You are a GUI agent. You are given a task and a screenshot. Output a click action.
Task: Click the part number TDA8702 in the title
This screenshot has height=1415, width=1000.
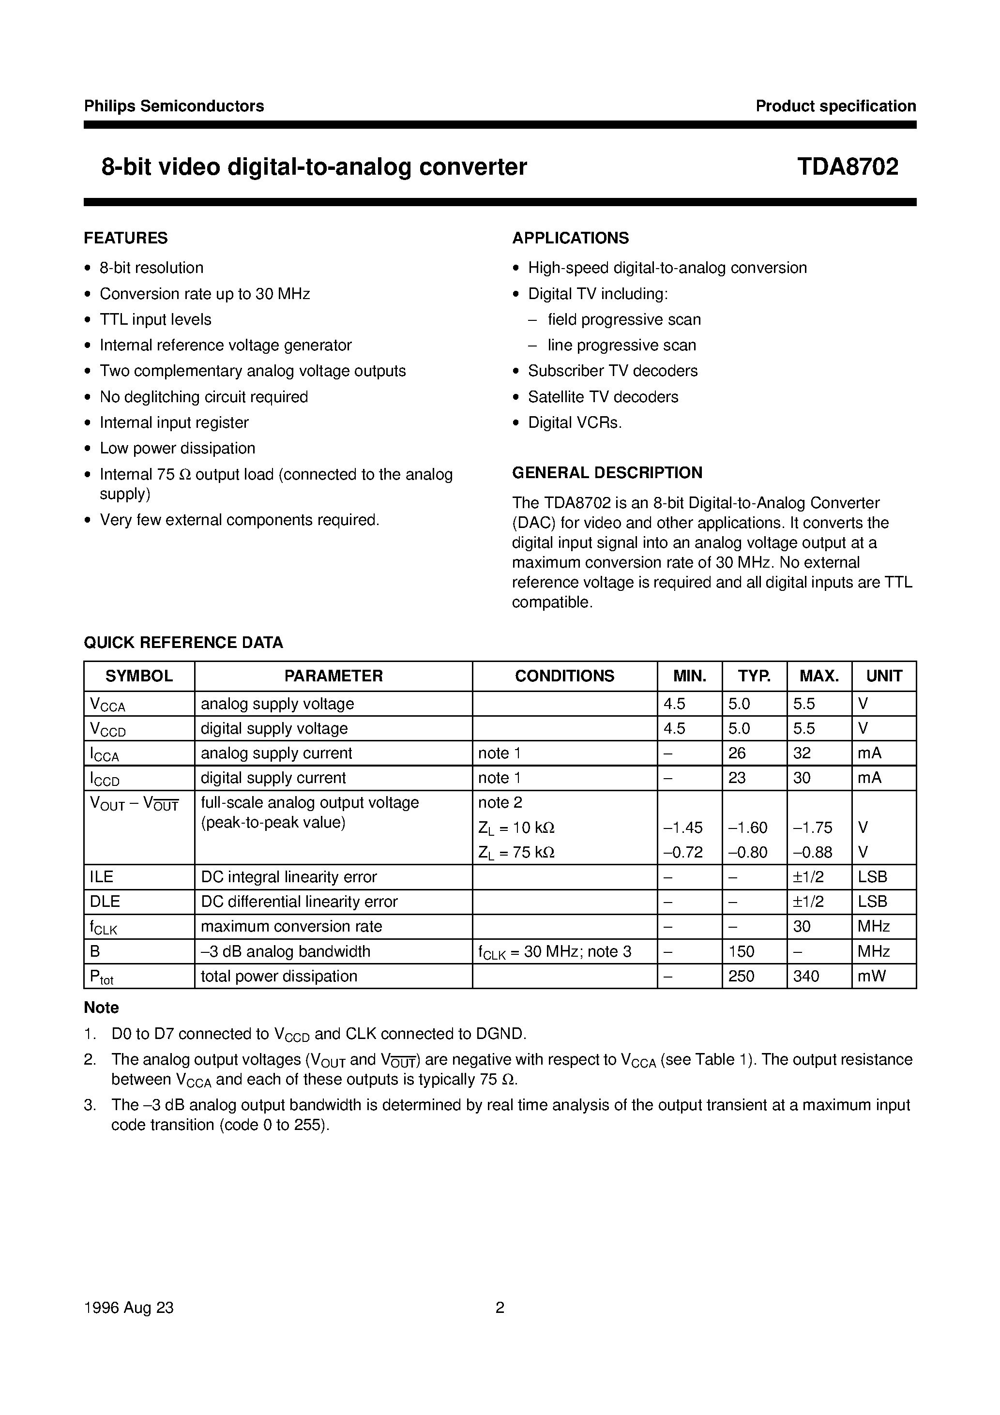tap(847, 167)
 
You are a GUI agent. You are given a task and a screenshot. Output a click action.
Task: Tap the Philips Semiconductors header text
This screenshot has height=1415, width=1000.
tap(174, 106)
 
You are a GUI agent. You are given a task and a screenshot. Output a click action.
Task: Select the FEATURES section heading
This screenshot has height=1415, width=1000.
tap(126, 238)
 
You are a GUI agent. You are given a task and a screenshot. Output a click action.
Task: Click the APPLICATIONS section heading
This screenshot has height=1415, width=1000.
tap(570, 238)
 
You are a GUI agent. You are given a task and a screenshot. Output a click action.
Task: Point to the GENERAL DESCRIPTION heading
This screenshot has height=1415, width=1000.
tap(606, 473)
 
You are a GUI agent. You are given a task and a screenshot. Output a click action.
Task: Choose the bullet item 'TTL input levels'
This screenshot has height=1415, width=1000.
tap(155, 319)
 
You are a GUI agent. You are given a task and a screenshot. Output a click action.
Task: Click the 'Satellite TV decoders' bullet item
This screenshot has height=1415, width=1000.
tap(603, 397)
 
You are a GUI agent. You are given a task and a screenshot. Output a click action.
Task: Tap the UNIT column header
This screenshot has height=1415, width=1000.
tap(883, 676)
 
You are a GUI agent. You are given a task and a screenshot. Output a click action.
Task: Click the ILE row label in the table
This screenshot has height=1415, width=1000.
tap(102, 877)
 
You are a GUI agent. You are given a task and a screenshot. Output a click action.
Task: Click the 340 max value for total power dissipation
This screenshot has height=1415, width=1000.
tap(806, 976)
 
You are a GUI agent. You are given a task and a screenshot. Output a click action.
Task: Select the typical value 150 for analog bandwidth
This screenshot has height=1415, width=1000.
tap(741, 951)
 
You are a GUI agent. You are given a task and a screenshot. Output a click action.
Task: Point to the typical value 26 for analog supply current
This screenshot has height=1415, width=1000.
tap(737, 753)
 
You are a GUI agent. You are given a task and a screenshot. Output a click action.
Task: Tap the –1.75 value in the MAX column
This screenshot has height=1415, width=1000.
tap(813, 828)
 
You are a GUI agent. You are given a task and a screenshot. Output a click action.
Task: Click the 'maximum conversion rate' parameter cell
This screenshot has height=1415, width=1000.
tap(291, 926)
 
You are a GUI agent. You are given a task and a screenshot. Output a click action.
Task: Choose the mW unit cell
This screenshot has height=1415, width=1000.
tap(871, 976)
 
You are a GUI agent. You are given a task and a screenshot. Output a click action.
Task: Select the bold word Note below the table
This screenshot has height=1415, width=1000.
tap(101, 1008)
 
